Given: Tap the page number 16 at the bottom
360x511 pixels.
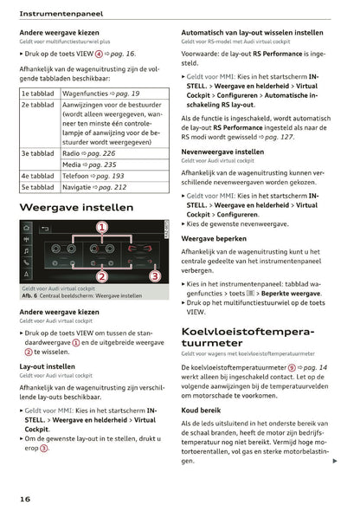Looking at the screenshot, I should pos(26,499).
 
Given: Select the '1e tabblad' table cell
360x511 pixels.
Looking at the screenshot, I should pos(38,92).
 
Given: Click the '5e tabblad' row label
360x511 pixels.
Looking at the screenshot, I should pos(38,186).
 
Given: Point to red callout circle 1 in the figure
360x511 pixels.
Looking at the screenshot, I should pos(101,228).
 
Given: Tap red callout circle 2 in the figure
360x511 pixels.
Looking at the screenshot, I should pos(101,276).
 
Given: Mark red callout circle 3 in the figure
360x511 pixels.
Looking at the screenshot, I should pos(154,276).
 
